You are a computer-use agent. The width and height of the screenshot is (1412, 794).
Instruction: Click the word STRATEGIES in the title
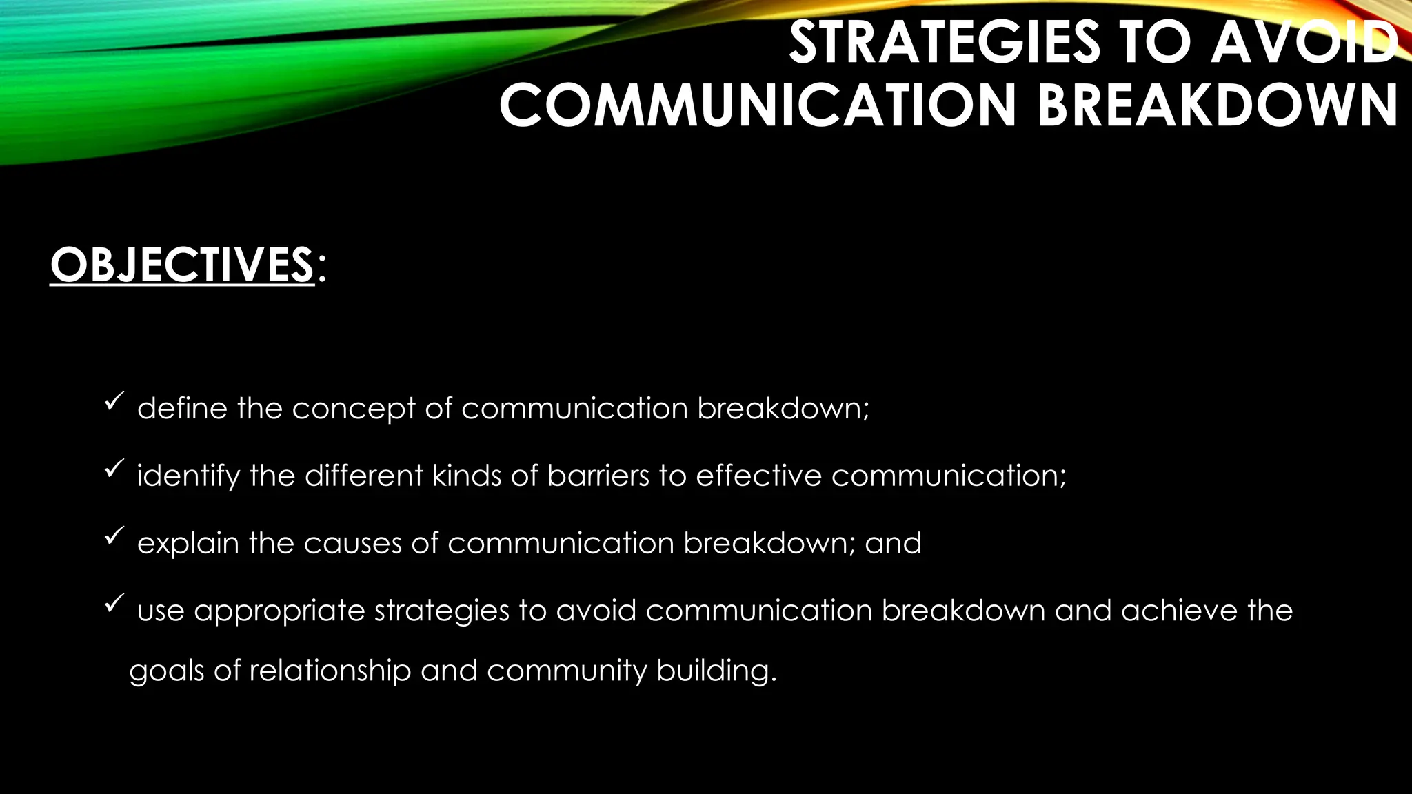(944, 43)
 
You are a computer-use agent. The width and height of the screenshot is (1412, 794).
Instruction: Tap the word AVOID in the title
(1303, 43)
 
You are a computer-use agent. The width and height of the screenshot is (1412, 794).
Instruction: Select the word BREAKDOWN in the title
(1218, 105)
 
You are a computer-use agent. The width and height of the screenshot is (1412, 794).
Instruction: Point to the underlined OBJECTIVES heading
(182, 265)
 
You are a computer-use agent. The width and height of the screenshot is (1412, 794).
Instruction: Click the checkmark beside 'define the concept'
(114, 402)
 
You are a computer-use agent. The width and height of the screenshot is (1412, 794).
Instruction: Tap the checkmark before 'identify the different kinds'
(114, 469)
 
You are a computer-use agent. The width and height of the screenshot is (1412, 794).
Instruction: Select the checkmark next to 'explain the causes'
(114, 537)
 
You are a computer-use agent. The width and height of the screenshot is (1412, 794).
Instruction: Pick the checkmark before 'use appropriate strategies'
(114, 604)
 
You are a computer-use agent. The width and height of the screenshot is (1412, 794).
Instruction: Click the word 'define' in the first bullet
(182, 408)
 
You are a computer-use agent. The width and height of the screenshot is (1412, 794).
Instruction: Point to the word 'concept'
(353, 409)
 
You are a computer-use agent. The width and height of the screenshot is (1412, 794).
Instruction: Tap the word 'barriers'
(598, 476)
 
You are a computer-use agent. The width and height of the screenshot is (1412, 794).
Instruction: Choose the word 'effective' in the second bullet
(758, 476)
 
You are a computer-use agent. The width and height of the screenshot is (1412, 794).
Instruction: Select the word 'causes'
(352, 544)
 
